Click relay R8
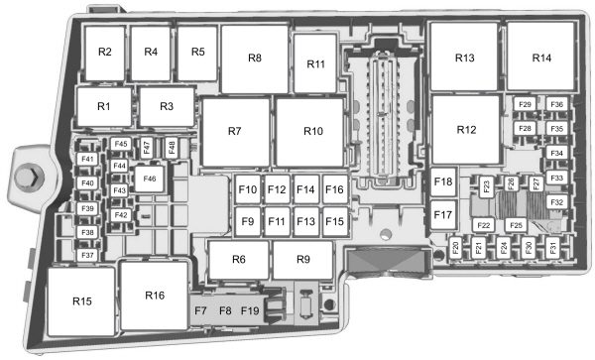pos(255,59)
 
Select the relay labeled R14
pos(540,57)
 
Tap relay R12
pos(466,130)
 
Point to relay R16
pos(155,296)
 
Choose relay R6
pos(239,260)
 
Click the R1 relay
pos(104,106)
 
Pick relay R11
pos(315,63)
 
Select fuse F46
pos(150,179)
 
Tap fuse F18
pos(443,181)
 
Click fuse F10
pos(248,189)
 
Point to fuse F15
pos(335,221)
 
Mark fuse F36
pos(556,104)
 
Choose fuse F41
pos(87,159)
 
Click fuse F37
pos(87,255)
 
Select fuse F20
pos(455,248)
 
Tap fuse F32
pos(556,202)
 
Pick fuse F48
pos(172,148)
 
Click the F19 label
pos(250,311)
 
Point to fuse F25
pos(516,226)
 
